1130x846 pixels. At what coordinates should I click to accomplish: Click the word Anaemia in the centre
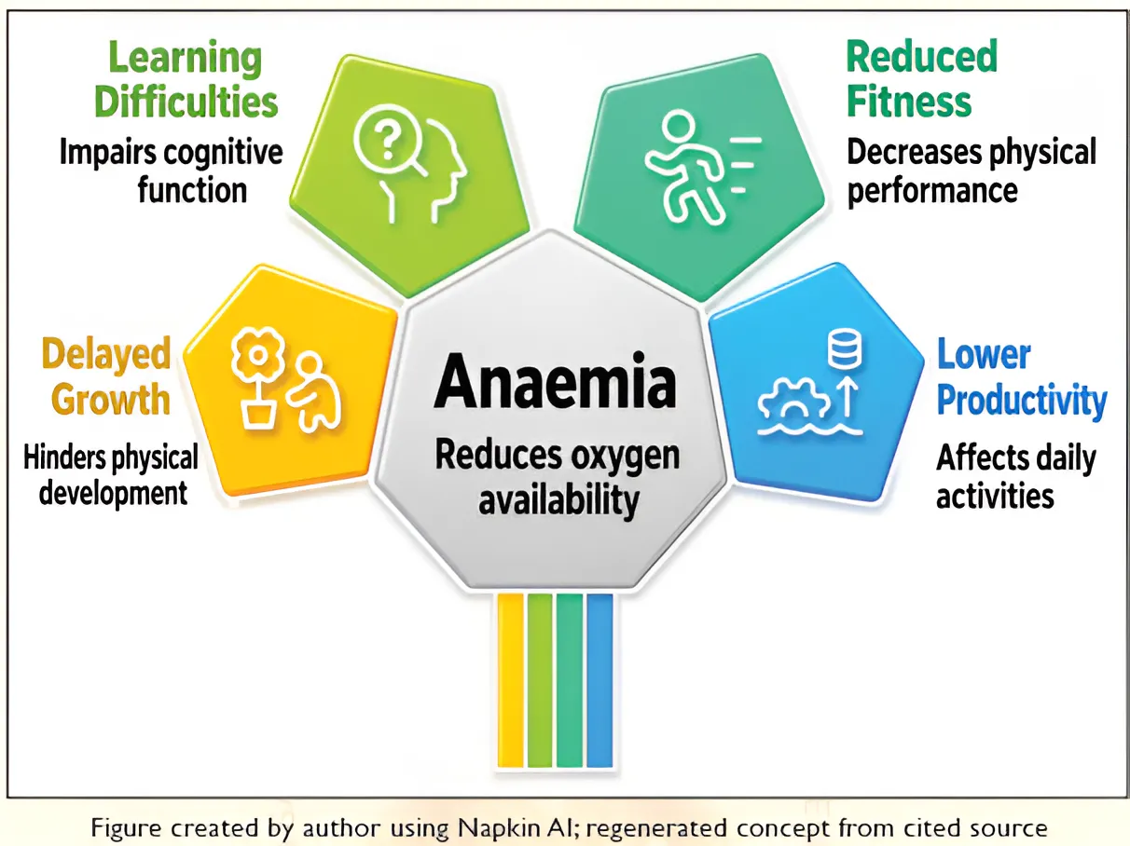(x=555, y=382)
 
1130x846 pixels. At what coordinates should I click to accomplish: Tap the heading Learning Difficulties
(x=186, y=80)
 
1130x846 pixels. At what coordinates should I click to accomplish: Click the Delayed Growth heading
(x=106, y=375)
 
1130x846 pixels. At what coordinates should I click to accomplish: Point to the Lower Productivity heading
(x=1021, y=377)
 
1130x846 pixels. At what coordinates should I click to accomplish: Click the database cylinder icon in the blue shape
(x=845, y=349)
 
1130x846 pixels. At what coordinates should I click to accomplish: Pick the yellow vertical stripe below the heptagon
(x=511, y=681)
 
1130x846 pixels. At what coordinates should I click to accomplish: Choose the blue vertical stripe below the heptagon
(x=599, y=681)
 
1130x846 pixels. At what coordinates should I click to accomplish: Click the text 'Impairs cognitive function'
(x=172, y=171)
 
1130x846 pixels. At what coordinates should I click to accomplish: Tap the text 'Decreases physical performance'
(x=972, y=171)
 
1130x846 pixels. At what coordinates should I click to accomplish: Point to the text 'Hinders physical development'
(x=111, y=475)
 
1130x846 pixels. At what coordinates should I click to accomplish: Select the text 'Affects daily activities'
(x=1015, y=476)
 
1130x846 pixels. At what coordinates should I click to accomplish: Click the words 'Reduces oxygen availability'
(x=558, y=478)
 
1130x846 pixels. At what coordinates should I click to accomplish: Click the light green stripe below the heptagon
(x=540, y=681)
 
